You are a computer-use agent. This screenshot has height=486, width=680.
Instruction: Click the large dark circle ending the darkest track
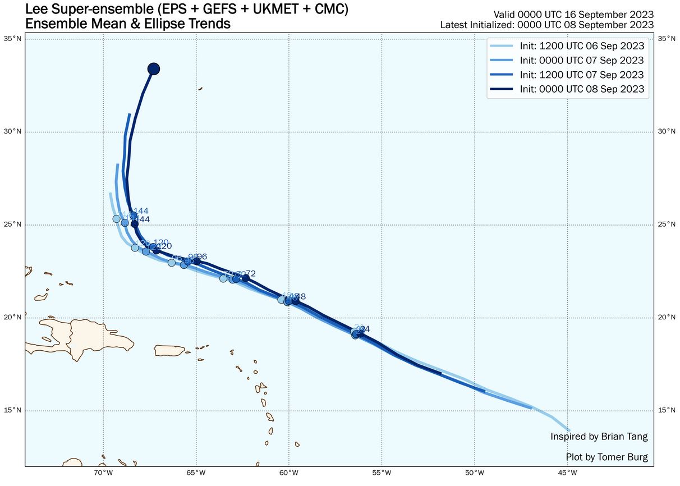[154, 69]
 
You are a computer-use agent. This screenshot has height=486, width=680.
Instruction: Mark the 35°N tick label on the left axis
[13, 38]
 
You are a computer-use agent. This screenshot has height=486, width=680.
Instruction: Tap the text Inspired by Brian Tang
[599, 437]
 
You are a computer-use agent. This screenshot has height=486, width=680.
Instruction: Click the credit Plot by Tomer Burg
[607, 457]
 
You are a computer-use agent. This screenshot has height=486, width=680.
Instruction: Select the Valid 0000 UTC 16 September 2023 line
[573, 14]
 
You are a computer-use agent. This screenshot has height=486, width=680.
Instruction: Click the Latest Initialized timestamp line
[546, 25]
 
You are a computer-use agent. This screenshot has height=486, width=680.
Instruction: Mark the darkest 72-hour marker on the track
[245, 278]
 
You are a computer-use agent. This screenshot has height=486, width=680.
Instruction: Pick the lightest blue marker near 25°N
[117, 219]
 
